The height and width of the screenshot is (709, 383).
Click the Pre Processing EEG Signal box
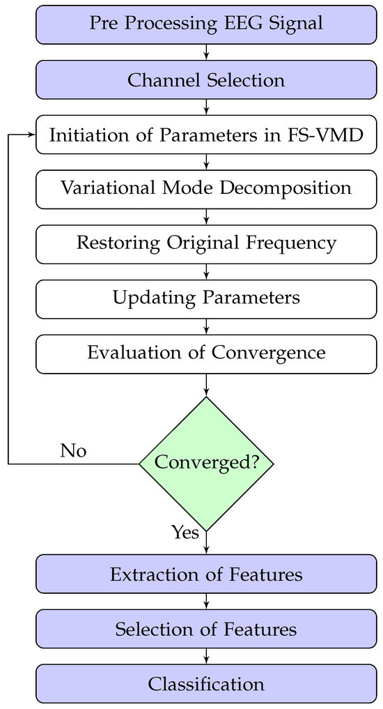(x=206, y=23)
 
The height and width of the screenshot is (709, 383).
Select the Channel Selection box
(x=206, y=80)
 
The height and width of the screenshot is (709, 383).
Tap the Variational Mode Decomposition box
(x=206, y=188)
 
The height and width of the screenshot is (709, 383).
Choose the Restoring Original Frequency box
(x=206, y=243)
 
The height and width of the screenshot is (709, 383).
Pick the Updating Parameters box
(x=206, y=298)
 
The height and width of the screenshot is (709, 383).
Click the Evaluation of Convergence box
(x=206, y=353)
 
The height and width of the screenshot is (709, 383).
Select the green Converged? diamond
(x=206, y=463)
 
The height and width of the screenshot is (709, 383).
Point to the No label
(x=73, y=451)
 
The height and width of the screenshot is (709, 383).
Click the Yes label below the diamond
(x=185, y=533)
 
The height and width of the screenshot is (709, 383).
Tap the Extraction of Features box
(x=206, y=574)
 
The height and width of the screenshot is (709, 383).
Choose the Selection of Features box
(x=206, y=630)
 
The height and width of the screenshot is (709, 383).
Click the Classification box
(x=206, y=684)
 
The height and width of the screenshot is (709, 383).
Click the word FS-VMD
(x=335, y=134)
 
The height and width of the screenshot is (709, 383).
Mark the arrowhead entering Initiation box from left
(x=31, y=135)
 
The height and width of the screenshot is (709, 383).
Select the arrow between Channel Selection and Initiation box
(x=206, y=107)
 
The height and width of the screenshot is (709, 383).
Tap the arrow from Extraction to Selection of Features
(x=206, y=602)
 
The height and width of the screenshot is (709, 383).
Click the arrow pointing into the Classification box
(x=206, y=657)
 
